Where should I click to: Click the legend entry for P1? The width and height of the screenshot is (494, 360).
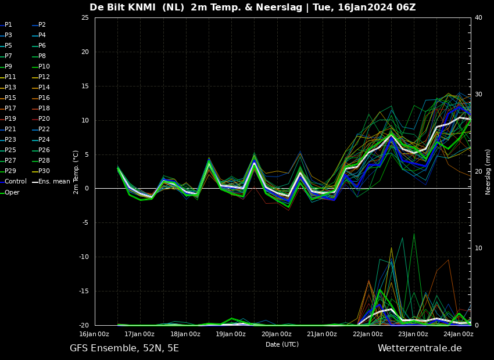(6, 24)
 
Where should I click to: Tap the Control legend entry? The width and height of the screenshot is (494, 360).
(13, 181)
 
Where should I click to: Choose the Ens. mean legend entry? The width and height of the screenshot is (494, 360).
(51, 181)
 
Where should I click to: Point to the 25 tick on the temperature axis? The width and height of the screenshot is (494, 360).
(85, 17)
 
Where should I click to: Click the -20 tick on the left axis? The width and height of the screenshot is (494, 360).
(84, 325)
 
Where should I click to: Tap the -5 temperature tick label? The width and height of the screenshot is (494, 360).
(85, 223)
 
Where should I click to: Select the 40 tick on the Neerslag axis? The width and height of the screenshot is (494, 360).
(478, 17)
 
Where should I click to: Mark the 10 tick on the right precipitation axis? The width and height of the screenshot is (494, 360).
(478, 248)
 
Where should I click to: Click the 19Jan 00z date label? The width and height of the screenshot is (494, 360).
(231, 334)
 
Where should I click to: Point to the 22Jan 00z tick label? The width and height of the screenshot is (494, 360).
(368, 334)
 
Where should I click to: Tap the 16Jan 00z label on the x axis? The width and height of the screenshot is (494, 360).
(94, 334)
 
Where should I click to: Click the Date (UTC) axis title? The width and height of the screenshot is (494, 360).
(282, 344)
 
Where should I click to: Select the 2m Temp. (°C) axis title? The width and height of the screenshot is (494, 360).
(76, 172)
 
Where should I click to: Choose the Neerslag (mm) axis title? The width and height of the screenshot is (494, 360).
(488, 172)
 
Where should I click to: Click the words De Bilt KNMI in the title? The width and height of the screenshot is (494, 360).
(123, 7)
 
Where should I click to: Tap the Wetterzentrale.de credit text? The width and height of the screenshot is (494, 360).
(420, 348)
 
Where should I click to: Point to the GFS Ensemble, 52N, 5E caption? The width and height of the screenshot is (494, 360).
(124, 348)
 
